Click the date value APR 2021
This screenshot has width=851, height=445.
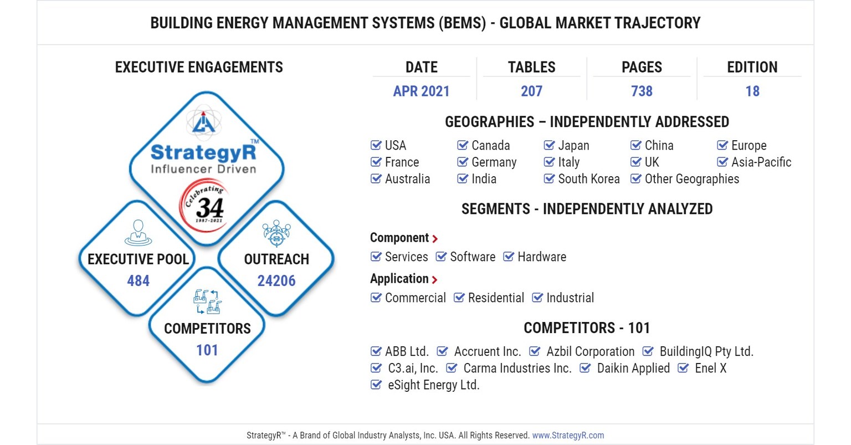pos(421,91)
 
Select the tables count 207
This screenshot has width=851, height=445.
pos(531,91)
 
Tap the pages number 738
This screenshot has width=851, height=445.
pos(642,91)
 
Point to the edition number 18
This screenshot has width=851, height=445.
pos(752,91)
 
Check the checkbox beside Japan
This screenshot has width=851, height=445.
pos(549,145)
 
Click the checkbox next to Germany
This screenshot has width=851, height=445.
pos(463,162)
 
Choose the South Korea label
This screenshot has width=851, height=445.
pos(588,178)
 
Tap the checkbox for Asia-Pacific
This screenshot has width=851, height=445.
pos(722,162)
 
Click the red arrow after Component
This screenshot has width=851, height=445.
pos(435,239)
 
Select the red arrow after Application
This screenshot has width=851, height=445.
pos(434,280)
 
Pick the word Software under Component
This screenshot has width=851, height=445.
pos(473,257)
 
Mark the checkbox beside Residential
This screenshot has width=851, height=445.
pos(459,298)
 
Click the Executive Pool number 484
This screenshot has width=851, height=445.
pos(138,280)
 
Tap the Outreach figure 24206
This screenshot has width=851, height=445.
pos(276,280)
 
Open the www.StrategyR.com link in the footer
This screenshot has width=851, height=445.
pos(568,435)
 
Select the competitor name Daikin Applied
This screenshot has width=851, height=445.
pos(633,368)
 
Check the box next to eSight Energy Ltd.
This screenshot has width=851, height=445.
pos(376,385)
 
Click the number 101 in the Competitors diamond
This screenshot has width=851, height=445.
pos(207,350)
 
